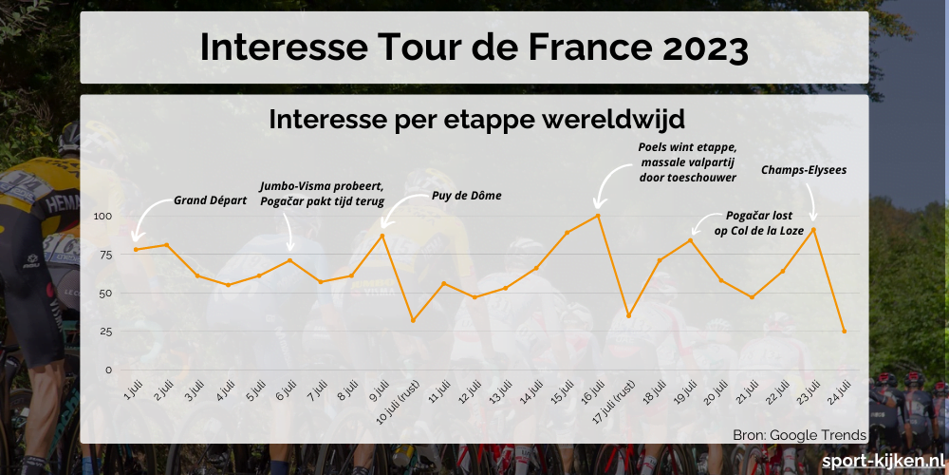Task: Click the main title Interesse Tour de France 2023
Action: click(474, 47)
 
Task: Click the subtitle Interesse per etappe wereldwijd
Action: click(476, 120)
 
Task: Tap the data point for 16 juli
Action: click(597, 215)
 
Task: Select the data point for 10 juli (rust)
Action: click(413, 320)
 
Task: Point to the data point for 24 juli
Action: click(844, 332)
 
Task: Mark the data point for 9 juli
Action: click(382, 235)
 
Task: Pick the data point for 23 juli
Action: click(813, 229)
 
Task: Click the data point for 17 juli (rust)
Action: click(628, 315)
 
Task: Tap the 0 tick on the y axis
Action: click(108, 370)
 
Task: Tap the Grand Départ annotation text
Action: click(210, 200)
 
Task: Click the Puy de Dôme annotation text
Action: click(466, 196)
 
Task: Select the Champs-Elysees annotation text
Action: click(804, 170)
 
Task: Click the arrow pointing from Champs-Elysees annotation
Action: click(811, 204)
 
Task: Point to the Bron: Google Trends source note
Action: click(799, 435)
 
